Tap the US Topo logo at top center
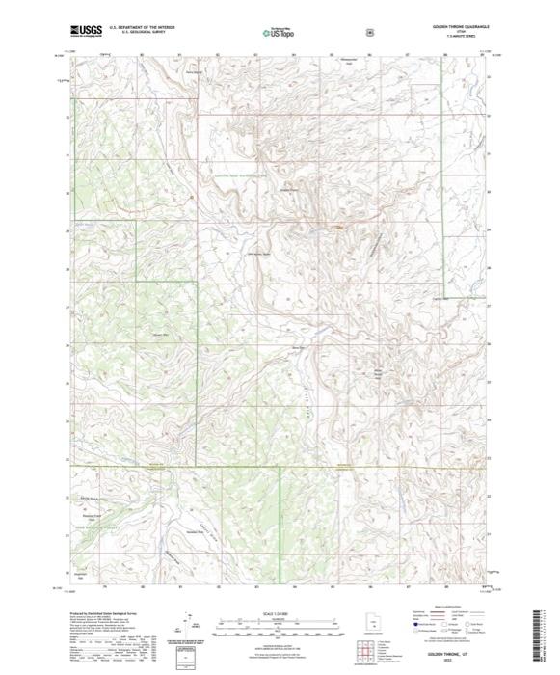[279, 32]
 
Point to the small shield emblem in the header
[369, 32]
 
